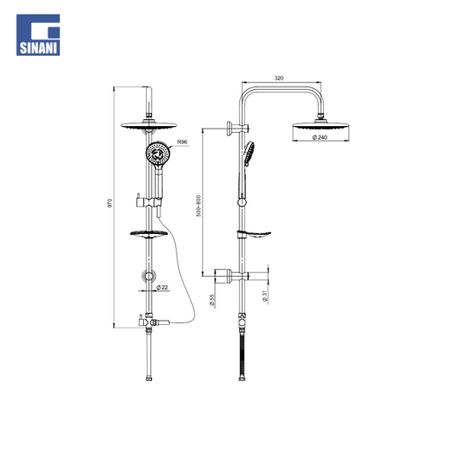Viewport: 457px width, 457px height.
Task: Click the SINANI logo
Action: click(39, 35)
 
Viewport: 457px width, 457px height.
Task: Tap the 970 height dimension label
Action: click(110, 203)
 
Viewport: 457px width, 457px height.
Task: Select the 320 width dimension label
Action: click(279, 78)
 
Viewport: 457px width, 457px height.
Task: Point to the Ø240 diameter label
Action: click(320, 137)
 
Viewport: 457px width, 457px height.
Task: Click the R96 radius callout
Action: click(182, 142)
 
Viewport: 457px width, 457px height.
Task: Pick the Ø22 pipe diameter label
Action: click(162, 287)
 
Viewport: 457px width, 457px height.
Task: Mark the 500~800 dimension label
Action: click(198, 206)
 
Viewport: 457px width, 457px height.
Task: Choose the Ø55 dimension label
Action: click(212, 300)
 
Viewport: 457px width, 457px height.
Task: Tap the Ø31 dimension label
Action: click(265, 296)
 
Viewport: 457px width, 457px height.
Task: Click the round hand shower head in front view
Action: click(159, 153)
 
